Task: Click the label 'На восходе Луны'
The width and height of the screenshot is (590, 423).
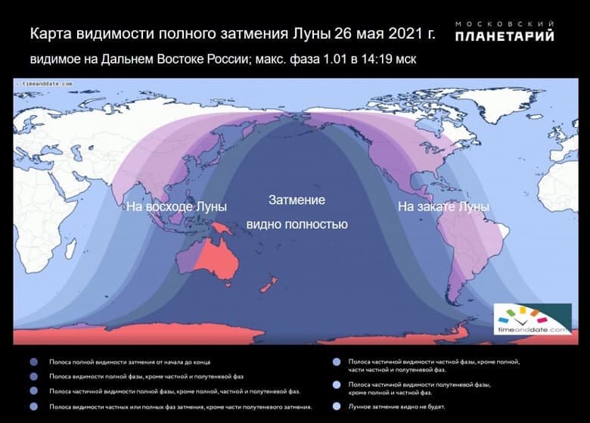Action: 176,206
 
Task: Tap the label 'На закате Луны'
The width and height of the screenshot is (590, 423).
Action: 443,206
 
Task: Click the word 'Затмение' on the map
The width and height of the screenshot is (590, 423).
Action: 297,201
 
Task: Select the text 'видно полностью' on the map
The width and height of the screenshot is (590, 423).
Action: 297,225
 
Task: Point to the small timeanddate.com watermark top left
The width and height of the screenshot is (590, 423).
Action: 46,83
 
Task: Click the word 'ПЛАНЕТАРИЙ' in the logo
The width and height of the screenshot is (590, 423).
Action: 505,36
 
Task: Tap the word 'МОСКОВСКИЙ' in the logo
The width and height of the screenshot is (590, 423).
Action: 505,23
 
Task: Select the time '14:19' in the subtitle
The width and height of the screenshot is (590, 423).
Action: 374,58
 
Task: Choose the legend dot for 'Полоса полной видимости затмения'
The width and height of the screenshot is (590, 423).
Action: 33,362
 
